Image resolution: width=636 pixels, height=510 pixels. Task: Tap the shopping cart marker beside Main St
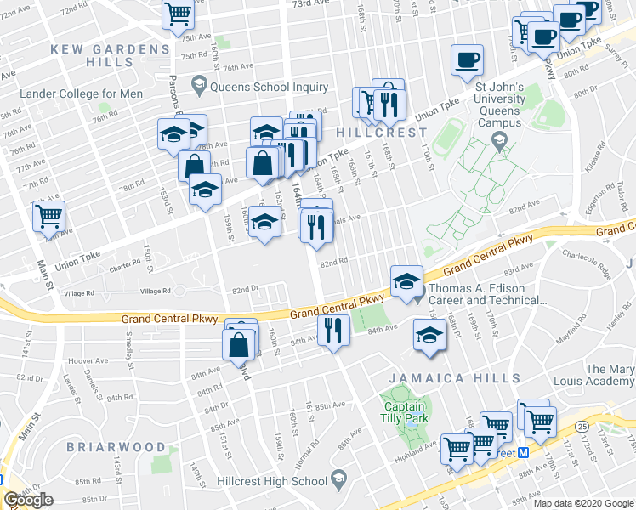(x=48, y=216)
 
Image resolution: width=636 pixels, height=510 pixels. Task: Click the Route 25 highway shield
(x=581, y=426)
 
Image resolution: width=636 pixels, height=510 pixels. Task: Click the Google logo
(x=29, y=500)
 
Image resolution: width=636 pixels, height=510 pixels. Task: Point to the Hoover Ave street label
(x=92, y=360)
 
